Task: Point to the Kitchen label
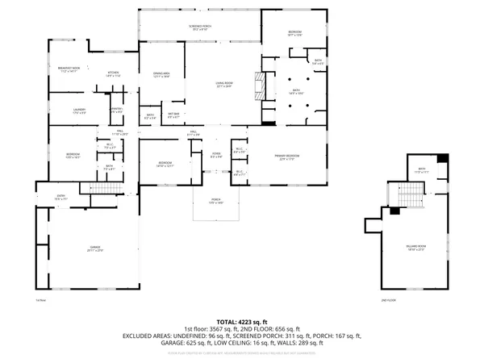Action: click(x=114, y=74)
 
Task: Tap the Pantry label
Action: click(x=116, y=110)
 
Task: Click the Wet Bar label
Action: click(x=173, y=115)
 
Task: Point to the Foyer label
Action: click(x=216, y=156)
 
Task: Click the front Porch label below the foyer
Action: click(x=216, y=202)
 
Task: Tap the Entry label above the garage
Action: click(x=60, y=197)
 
